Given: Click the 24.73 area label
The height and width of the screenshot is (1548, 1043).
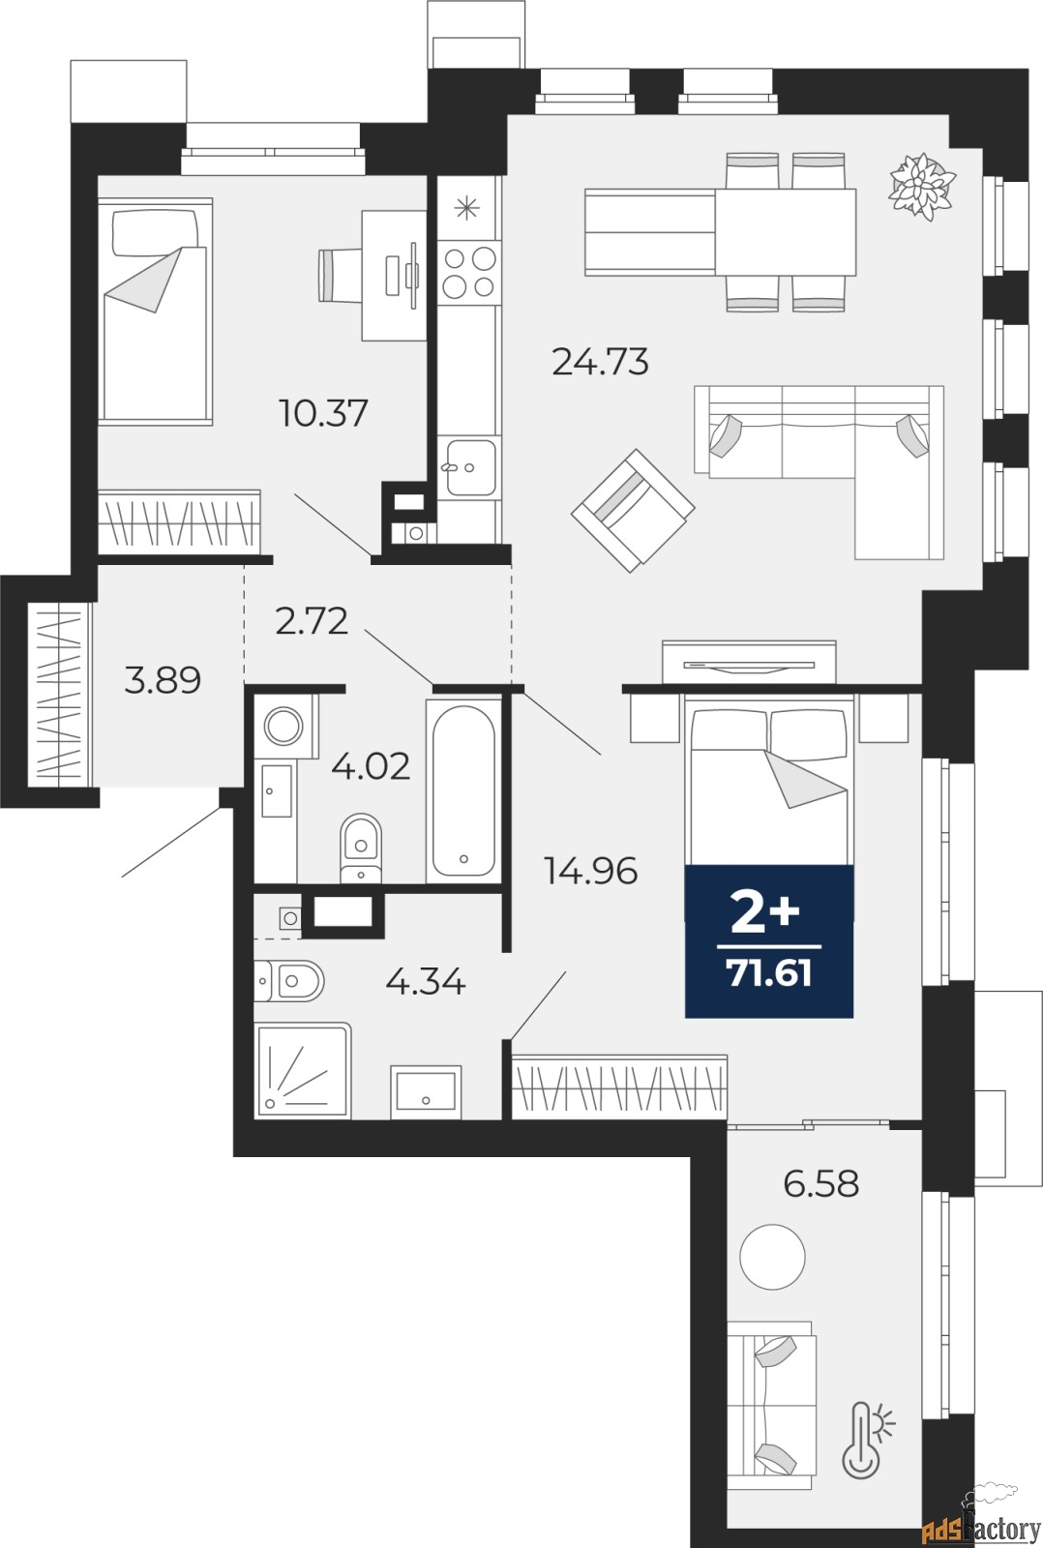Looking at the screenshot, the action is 601,362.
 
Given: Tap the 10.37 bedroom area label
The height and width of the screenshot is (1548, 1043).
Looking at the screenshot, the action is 323,413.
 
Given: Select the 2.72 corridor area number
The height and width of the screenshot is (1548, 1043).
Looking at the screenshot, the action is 311,620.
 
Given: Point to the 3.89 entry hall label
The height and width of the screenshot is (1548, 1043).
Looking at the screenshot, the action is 163,679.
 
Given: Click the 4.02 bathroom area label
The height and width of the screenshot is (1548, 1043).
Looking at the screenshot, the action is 371,765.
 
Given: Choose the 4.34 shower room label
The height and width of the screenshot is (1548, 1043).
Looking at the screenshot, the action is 425,981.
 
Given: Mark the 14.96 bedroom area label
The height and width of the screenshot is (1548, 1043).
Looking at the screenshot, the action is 591,871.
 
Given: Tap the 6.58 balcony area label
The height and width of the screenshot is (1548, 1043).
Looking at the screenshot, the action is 821,1183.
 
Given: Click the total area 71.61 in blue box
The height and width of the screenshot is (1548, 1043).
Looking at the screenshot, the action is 769,974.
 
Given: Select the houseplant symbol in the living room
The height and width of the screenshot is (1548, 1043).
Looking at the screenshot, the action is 923,186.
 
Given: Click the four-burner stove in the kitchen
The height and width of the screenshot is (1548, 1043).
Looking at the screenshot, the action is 469,272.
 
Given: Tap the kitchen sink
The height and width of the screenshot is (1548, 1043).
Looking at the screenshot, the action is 470,468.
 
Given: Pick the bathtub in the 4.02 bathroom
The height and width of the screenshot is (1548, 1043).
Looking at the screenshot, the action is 463,790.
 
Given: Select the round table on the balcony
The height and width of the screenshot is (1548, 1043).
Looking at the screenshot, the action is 772,1257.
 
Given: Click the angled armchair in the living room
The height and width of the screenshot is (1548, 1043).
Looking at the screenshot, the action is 633,511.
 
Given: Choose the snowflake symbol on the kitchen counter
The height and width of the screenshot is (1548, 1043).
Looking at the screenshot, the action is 467,207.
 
